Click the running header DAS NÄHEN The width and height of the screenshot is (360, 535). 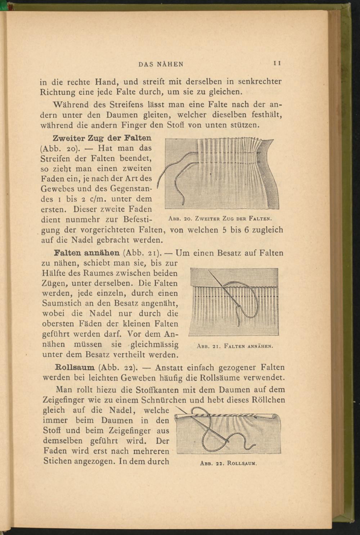click(161, 64)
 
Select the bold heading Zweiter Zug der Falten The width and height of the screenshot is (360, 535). click(102, 138)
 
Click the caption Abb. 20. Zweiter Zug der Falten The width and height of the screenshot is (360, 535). click(220, 218)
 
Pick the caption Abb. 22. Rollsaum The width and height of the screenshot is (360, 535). click(228, 463)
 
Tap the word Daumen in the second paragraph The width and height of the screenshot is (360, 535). click(121, 115)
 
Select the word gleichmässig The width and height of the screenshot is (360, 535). click(154, 344)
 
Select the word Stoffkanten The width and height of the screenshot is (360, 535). click(158, 390)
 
